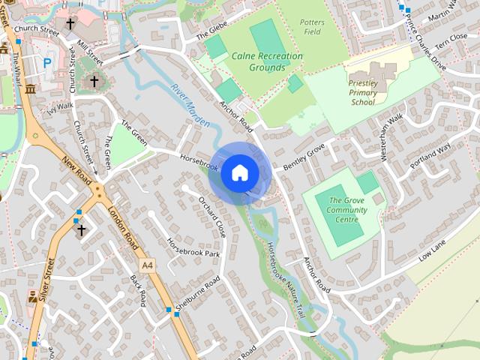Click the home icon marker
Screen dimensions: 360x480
coord(239,172)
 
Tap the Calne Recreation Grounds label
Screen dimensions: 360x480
coord(267,61)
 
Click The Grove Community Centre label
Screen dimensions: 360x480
coord(348,210)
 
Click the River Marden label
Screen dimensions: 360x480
coord(186,98)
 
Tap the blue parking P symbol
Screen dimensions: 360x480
coord(48,64)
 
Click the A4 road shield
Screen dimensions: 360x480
coord(146,265)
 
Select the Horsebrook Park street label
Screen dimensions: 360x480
coord(193,249)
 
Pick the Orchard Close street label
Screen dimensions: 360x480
coord(212,217)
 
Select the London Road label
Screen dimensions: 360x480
coord(123,228)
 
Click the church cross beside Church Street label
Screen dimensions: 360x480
coord(70,24)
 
